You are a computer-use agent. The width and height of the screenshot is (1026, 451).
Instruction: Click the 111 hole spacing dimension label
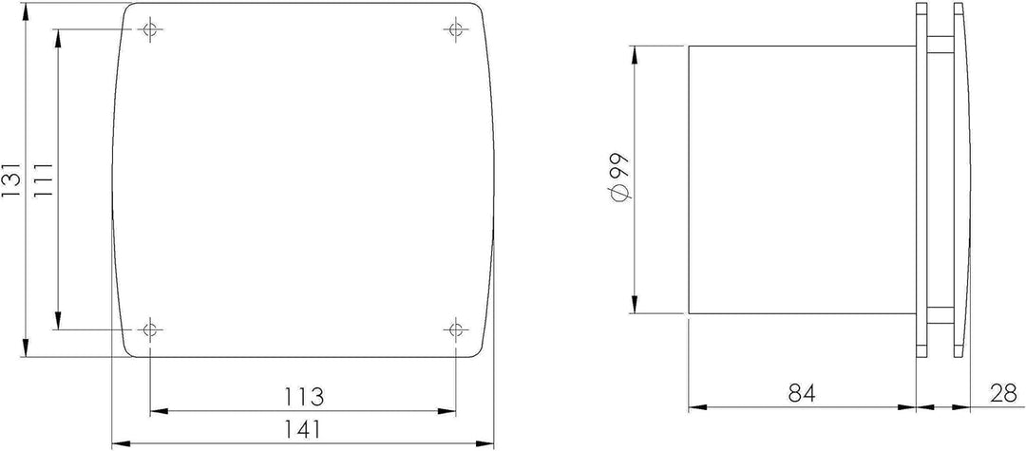42,178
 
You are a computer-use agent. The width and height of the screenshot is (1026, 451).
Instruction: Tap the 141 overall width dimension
303,428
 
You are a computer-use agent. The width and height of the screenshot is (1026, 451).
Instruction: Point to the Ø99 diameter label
618,178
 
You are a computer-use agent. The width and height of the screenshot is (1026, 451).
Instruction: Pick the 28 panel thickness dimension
1000,391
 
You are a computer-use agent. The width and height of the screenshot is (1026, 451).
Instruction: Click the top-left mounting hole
149,29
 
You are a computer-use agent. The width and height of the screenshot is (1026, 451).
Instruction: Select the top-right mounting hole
455,29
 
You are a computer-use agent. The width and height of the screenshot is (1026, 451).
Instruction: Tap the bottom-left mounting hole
149,329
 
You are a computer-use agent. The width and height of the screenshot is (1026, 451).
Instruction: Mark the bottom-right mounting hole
455,329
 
